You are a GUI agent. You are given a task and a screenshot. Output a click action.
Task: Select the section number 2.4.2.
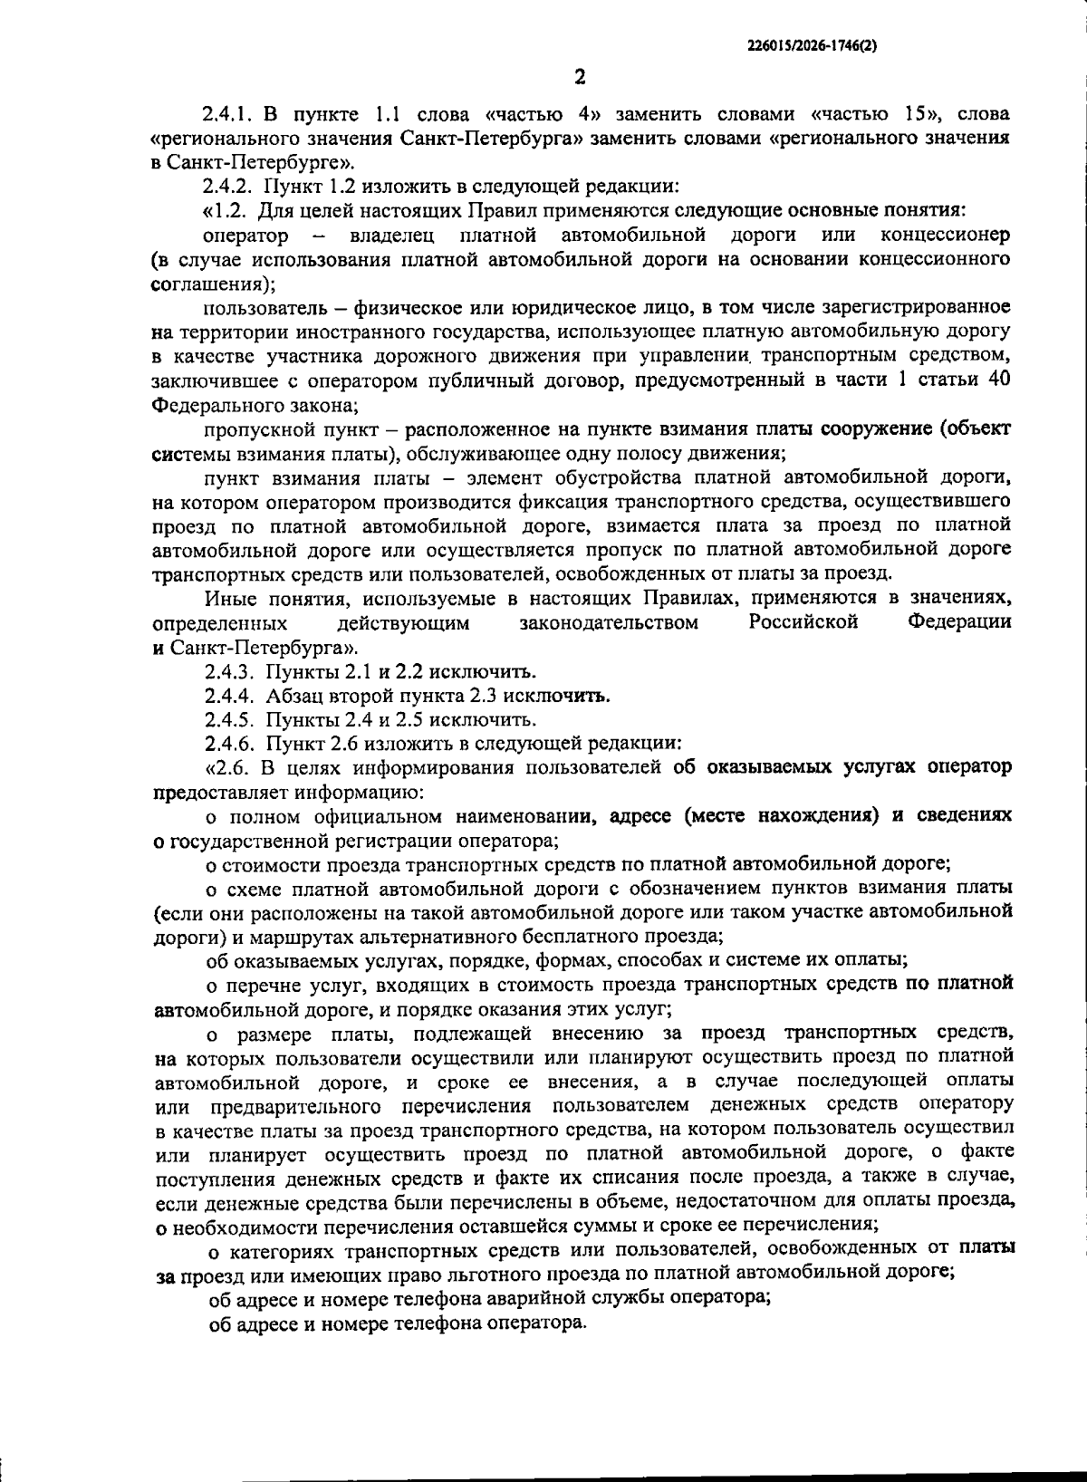[x=228, y=188]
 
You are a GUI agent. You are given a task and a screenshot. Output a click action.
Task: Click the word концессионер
[x=945, y=236]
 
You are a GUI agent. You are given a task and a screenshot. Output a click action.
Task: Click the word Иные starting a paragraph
[x=230, y=599]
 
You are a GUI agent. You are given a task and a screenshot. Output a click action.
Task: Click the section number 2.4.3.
[x=228, y=672]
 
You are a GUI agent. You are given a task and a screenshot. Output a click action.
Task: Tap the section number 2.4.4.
[x=228, y=697]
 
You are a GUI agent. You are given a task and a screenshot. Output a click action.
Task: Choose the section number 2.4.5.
[x=228, y=720]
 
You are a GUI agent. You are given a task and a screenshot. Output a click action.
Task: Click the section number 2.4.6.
[x=228, y=745]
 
